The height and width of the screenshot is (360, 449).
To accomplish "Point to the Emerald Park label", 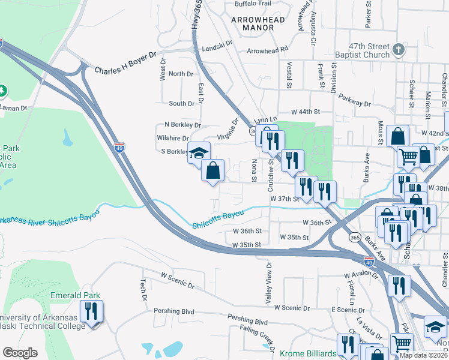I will pos(75,295).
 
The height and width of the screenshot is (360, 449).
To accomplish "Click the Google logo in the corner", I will pos(20,353).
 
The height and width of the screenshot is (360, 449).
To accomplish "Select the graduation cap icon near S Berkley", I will pos(199,154).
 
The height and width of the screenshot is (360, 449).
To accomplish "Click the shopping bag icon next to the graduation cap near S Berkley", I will pos(212,171).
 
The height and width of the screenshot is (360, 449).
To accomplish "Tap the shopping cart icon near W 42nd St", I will pos(408,157).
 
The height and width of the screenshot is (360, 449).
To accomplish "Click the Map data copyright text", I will pos(423,355).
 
